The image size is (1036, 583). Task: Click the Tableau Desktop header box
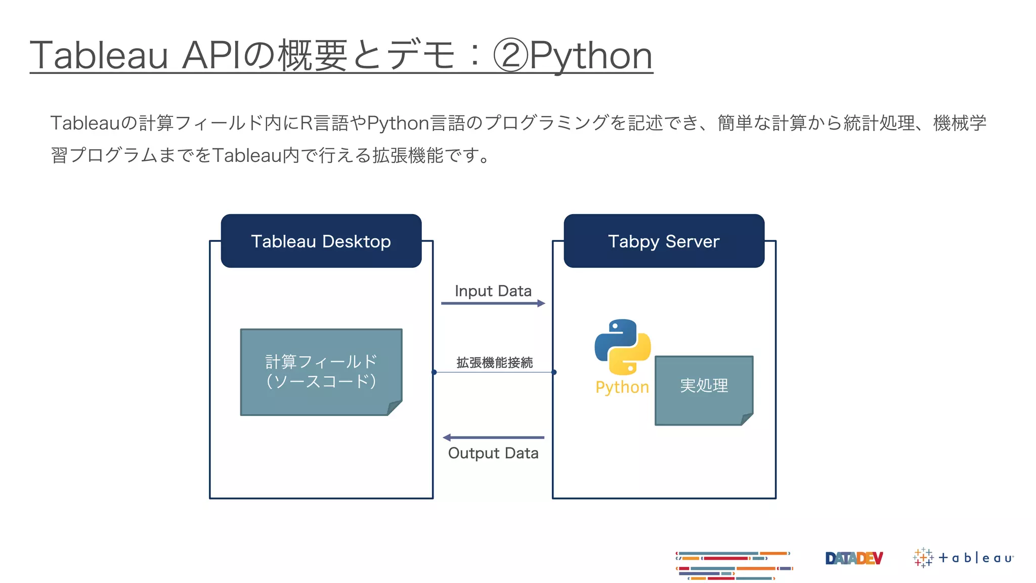pos(321,241)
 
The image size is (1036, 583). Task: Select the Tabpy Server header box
pos(664,241)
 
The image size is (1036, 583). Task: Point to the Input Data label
pos(493,291)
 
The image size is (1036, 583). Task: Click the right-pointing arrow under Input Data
pos(493,303)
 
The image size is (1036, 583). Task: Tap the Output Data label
pos(493,453)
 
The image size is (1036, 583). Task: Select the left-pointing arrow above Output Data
pos(493,437)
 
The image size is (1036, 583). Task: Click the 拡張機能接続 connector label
pos(494,362)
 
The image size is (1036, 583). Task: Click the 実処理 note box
pos(704,390)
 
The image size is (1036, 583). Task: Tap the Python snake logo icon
pos(623,347)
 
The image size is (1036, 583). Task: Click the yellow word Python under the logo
pos(622,387)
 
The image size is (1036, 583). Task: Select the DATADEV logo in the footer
pos(854,558)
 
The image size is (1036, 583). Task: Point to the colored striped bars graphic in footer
pos(733,565)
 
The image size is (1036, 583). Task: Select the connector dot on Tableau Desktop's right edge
pos(434,372)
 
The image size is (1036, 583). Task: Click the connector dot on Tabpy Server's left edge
pos(554,372)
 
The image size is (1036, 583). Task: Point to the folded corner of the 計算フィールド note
pos(395,407)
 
